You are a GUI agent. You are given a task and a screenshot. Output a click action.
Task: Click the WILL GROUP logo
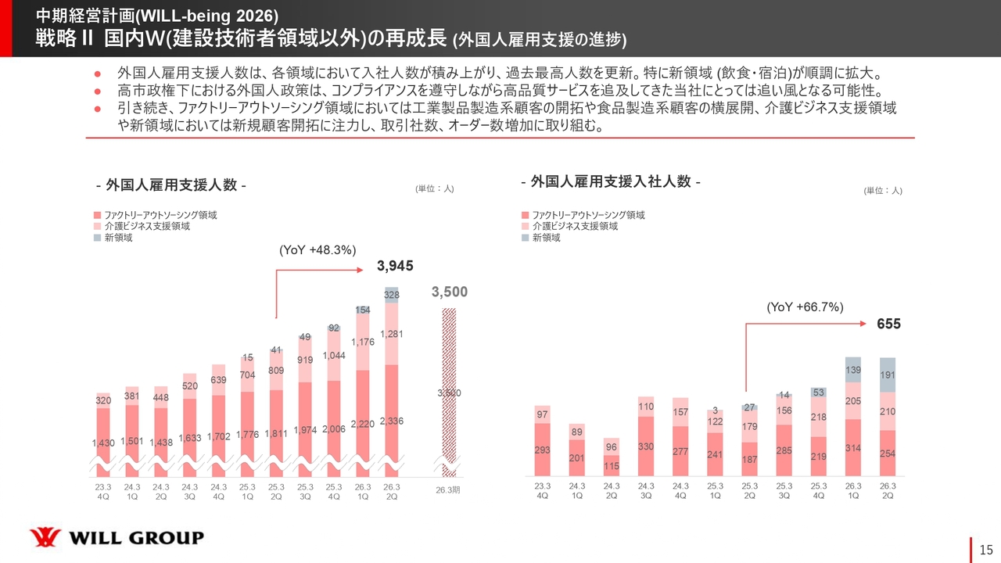pos(117,537)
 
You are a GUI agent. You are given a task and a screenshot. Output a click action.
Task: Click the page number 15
pos(985,549)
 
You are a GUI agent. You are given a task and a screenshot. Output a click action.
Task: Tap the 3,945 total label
pos(394,267)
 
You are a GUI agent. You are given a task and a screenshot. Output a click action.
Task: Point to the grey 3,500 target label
pos(450,292)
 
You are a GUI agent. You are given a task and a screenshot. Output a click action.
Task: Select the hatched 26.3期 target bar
pos(449,391)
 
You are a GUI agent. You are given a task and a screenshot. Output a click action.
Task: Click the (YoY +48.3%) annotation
pos(318,250)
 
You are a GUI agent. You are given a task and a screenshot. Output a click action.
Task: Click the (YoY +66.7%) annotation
pos(805,307)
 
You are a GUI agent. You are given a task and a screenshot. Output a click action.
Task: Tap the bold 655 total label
pos(890,323)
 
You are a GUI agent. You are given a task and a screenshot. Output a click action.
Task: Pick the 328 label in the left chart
pos(391,295)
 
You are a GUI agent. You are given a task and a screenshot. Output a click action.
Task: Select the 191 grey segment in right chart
pos(888,375)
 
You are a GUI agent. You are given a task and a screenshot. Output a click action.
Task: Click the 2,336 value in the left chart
pos(391,421)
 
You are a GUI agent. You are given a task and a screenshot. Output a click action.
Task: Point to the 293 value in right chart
pos(543,450)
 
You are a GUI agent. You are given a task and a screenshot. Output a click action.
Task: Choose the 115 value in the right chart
pos(612,466)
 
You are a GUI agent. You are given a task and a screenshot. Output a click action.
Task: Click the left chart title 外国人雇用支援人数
pos(170,185)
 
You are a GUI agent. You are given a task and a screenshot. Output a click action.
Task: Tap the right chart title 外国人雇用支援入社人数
pos(610,181)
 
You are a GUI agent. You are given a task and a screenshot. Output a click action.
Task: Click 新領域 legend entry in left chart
pos(117,238)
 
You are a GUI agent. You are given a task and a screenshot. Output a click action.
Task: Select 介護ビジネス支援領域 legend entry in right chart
pos(574,226)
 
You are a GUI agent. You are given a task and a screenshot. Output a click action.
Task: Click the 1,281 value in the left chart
pos(391,334)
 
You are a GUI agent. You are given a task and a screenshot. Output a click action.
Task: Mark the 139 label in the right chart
pos(853,369)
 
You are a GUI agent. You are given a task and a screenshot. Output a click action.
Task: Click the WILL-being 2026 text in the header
pos(207,16)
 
